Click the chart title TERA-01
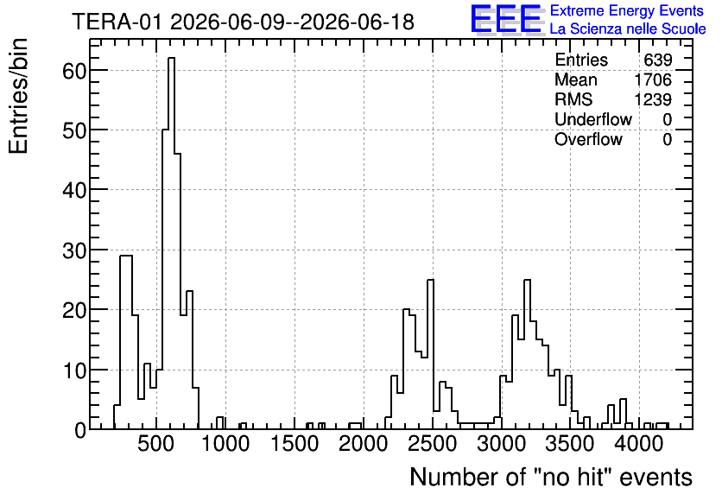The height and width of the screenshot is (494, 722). pyautogui.click(x=117, y=22)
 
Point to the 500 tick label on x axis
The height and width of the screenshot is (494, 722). pyautogui.click(x=156, y=444)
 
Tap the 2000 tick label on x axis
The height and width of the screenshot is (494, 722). pyautogui.click(x=364, y=444)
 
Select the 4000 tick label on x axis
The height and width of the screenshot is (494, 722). pyautogui.click(x=639, y=444)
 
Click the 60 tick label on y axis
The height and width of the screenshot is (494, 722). pyautogui.click(x=74, y=71)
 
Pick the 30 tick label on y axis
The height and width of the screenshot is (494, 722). pyautogui.click(x=74, y=250)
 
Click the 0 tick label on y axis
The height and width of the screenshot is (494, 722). pyautogui.click(x=80, y=430)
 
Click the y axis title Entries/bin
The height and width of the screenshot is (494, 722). pyautogui.click(x=18, y=97)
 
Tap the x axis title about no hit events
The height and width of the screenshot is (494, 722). pyautogui.click(x=551, y=477)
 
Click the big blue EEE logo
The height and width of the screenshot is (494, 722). pyautogui.click(x=507, y=19)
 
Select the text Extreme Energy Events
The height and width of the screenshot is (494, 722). pyautogui.click(x=627, y=10)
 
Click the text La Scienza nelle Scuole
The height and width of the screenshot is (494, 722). pyautogui.click(x=628, y=28)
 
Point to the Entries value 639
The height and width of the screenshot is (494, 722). pyautogui.click(x=658, y=60)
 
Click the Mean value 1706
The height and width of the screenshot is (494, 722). pyautogui.click(x=653, y=79)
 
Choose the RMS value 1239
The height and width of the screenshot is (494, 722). pyautogui.click(x=653, y=99)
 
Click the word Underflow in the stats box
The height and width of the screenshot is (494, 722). pyautogui.click(x=593, y=119)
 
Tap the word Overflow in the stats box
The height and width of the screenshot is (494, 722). pyautogui.click(x=588, y=139)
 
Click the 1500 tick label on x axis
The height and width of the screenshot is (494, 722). pyautogui.click(x=294, y=444)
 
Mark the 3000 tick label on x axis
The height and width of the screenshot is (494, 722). pyautogui.click(x=502, y=444)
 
